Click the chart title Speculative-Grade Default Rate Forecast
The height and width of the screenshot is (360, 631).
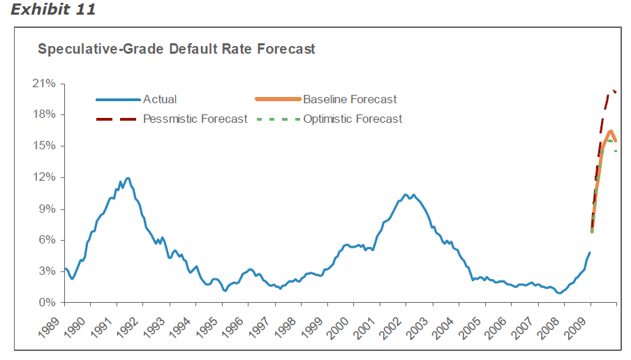[176, 50]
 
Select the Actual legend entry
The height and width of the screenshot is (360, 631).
[160, 99]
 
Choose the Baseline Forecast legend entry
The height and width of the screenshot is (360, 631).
[350, 99]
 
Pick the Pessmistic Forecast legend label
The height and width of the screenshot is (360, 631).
[195, 119]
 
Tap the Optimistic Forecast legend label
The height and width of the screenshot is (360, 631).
[352, 119]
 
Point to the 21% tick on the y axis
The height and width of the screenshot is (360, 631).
[45, 84]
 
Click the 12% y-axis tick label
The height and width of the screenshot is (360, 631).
[45, 177]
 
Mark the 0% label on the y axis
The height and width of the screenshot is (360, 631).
[47, 303]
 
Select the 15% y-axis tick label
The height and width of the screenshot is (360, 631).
[45, 146]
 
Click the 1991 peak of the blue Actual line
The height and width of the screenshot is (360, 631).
[127, 178]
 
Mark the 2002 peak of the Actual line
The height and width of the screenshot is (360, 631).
[405, 195]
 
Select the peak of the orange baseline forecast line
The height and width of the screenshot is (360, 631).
[610, 131]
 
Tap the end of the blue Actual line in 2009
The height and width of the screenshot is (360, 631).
[590, 253]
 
